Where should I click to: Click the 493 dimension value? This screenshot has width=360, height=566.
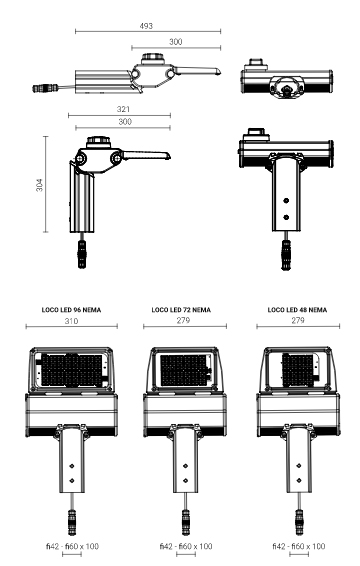coord(146,26)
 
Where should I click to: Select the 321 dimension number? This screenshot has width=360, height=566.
coord(123,109)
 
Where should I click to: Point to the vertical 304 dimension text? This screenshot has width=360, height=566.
coord(39,185)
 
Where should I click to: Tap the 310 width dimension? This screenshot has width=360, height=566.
coord(71,321)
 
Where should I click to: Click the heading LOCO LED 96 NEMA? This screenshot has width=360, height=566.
coord(71,310)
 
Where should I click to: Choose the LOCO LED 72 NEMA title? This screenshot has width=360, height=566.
coord(181,310)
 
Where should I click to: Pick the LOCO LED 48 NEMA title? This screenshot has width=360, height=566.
coord(298,310)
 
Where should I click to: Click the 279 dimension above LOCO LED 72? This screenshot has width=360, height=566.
coord(183,320)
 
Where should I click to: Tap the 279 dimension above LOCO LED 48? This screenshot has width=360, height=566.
coord(298,320)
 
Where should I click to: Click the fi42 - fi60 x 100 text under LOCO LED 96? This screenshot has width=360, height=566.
coord(72,546)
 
